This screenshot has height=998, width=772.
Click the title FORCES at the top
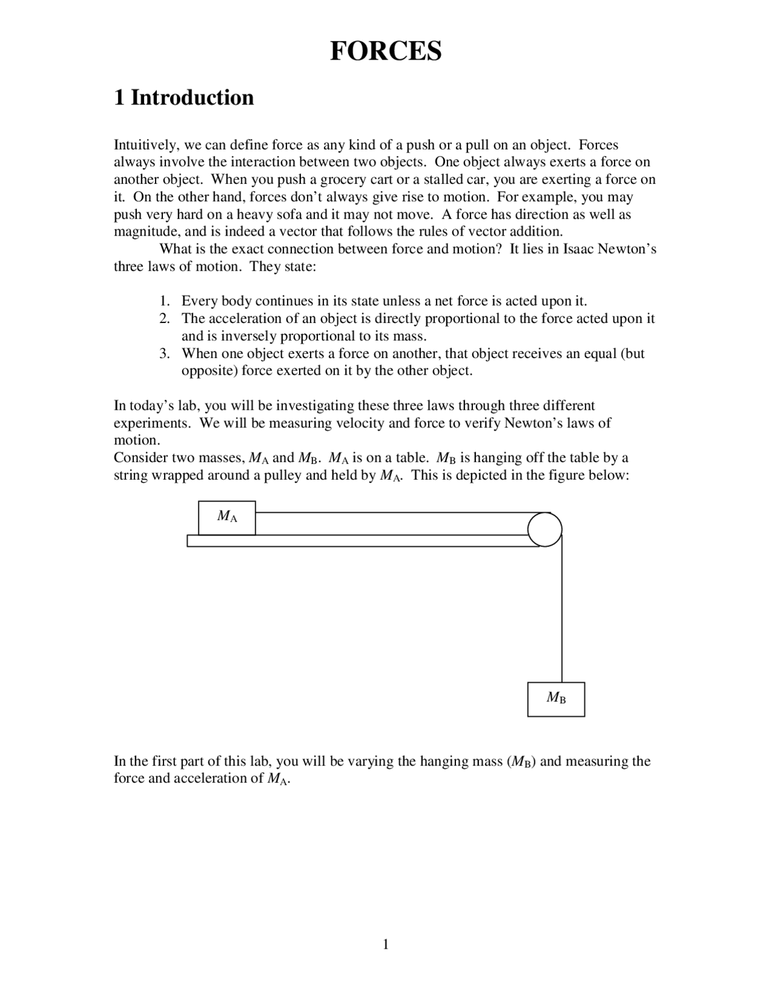tap(385, 51)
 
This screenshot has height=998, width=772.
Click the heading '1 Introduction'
tap(184, 98)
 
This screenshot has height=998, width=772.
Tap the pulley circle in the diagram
tap(545, 529)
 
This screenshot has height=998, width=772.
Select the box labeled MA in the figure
tap(227, 517)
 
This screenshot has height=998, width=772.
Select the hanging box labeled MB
tap(555, 698)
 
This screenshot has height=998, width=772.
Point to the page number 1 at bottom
tap(385, 944)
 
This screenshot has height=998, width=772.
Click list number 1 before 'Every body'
tap(164, 301)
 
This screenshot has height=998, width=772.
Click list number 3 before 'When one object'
tap(164, 353)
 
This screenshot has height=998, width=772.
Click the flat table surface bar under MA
tap(362, 541)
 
